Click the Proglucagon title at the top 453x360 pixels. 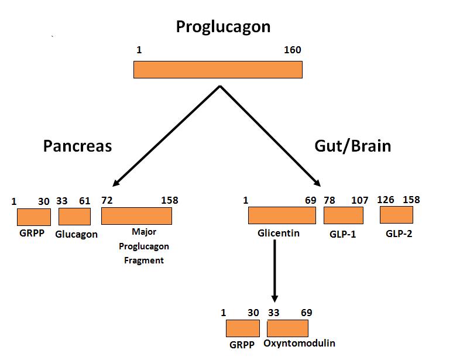click(x=224, y=28)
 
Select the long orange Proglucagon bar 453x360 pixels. click(x=218, y=70)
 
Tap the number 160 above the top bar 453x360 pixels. click(x=293, y=50)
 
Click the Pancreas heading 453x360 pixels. click(x=77, y=146)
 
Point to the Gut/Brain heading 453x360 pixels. click(x=353, y=146)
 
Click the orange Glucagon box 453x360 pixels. click(x=74, y=217)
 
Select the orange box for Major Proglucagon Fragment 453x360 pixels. click(x=136, y=216)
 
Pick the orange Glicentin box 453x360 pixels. click(x=282, y=215)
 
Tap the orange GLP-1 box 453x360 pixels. click(x=344, y=215)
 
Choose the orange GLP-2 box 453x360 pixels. click(x=396, y=215)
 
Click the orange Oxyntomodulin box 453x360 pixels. click(x=288, y=328)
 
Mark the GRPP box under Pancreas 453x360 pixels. click(x=34, y=217)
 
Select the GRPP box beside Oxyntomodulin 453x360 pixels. click(x=243, y=328)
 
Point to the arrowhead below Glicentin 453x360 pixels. click(x=274, y=299)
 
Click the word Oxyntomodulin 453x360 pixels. click(x=299, y=344)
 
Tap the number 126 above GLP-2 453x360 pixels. click(x=385, y=200)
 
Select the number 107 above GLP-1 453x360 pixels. click(x=360, y=200)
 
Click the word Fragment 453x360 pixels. click(x=144, y=260)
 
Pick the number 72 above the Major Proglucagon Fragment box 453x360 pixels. click(x=107, y=200)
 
